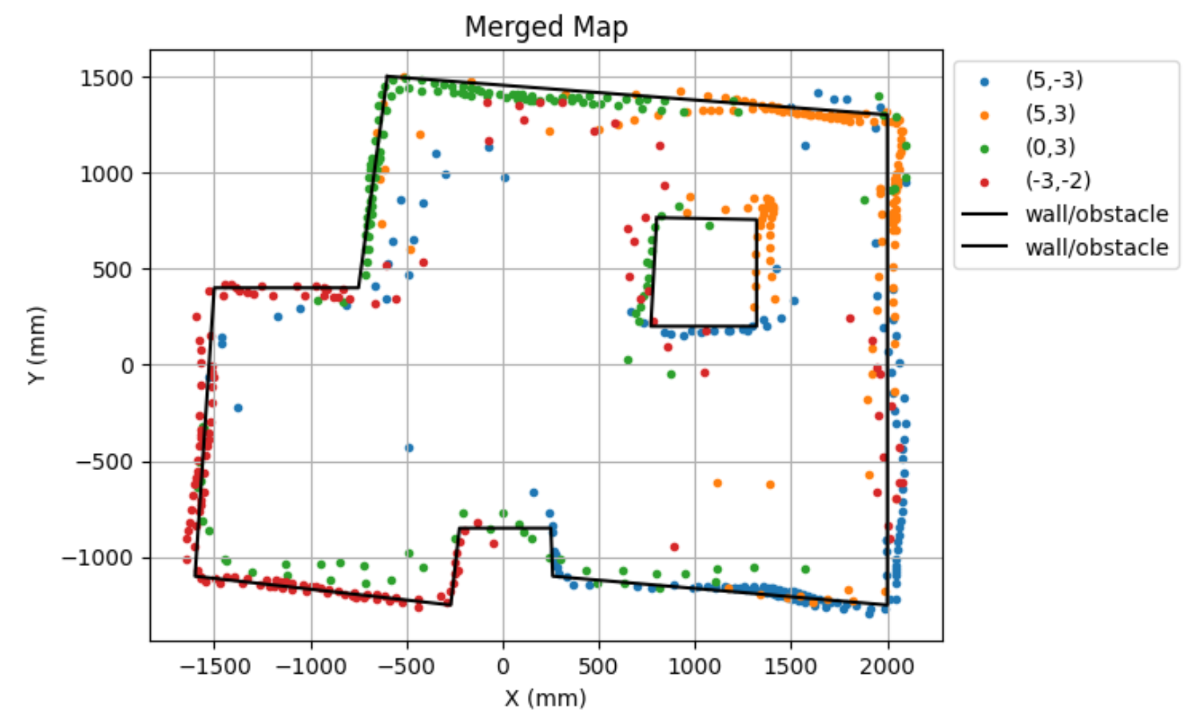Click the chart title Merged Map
click(546, 28)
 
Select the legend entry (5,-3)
click(1054, 80)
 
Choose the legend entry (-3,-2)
click(1057, 180)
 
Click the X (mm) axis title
click(545, 698)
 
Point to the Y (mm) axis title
click(36, 344)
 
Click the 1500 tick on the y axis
click(106, 78)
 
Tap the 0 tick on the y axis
click(127, 366)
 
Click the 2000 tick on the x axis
click(887, 666)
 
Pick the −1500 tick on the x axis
click(213, 666)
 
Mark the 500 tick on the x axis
click(599, 666)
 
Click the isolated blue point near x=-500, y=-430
click(409, 448)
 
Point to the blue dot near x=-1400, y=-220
click(238, 408)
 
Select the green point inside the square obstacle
click(710, 225)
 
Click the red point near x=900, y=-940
click(674, 547)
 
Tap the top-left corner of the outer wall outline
click(387, 76)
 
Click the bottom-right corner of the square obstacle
click(757, 325)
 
